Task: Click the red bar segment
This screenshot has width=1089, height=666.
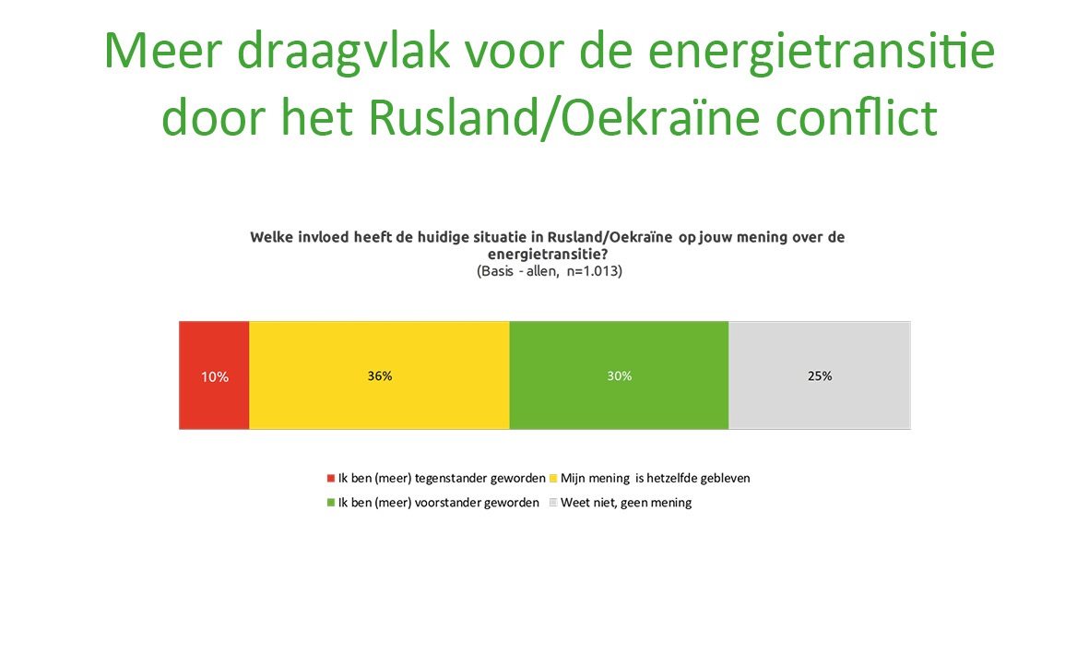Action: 214,375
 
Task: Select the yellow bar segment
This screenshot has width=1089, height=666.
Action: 379,375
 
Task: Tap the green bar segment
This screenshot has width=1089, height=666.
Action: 619,375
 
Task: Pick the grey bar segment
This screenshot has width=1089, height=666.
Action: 820,375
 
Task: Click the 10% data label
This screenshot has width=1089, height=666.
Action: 215,376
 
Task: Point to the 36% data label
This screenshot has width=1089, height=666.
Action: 380,375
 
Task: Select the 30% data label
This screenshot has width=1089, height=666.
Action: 620,375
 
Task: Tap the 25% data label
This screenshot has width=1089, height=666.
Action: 820,375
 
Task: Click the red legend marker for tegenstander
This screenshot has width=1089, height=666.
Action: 331,479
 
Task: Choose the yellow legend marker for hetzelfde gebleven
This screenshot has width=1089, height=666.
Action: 553,479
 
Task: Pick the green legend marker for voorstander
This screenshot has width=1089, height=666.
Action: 331,503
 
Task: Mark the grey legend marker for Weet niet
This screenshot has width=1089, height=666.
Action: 553,503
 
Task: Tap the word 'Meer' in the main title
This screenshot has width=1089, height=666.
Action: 162,51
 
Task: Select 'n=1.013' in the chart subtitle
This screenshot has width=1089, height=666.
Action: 595,271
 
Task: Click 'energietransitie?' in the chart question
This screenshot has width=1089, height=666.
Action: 548,255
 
